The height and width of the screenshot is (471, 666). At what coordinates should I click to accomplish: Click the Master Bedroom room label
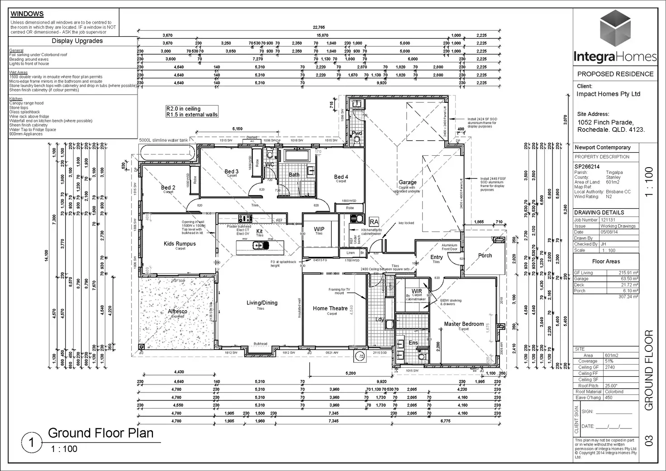[x=464, y=324]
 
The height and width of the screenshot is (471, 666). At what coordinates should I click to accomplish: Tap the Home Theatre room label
[x=330, y=308]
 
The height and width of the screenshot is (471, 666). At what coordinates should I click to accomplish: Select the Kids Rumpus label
[x=180, y=244]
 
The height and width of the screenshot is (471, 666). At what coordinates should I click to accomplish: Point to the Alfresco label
[x=177, y=312]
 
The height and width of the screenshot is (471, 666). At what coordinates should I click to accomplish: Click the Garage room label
[x=407, y=183]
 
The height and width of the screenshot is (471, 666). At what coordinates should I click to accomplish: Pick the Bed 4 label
[x=341, y=177]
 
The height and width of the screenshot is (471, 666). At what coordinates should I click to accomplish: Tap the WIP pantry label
[x=319, y=229]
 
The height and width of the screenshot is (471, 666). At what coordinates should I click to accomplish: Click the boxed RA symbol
[x=374, y=222]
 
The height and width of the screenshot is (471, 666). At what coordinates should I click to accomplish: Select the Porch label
[x=485, y=255]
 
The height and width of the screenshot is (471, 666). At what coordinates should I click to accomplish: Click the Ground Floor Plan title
[x=100, y=433]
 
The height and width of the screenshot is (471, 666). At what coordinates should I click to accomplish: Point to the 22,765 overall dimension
[x=319, y=28]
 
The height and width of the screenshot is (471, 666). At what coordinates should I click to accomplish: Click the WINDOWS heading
[x=27, y=14]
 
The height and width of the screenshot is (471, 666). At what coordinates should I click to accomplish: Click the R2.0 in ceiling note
[x=183, y=109]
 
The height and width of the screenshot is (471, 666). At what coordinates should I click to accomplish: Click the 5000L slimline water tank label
[x=163, y=140]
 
